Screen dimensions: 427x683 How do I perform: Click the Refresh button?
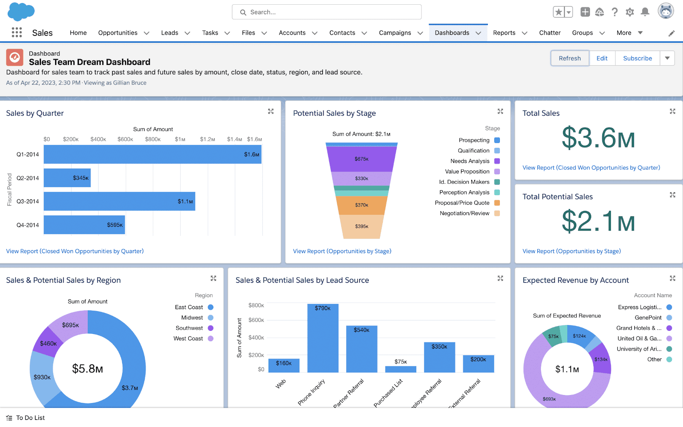coord(569,58)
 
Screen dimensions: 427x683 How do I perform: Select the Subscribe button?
coord(637,58)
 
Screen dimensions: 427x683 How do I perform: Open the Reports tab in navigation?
coord(504,33)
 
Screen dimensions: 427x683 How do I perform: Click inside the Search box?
coord(327,12)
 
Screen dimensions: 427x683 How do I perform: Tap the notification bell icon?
coord(645,12)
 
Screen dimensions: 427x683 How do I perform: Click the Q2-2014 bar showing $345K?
coord(67,178)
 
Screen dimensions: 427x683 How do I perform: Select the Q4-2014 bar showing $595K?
coord(84,225)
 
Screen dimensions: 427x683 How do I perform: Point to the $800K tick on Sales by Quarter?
coord(152,139)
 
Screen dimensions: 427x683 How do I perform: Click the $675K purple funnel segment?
coord(361,158)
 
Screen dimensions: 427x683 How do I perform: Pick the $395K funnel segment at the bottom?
coord(361,226)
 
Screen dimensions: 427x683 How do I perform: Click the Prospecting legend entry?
coord(474,140)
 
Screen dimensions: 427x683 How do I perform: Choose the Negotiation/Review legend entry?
coord(465,213)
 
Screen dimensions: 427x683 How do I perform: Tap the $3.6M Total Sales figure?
coord(598,138)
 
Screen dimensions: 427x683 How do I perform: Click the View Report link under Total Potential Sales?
coord(572,251)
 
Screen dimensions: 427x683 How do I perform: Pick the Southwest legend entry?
coord(189,328)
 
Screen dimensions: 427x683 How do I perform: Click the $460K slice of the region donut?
coord(48,343)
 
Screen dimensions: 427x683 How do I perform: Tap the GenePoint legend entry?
coord(648,317)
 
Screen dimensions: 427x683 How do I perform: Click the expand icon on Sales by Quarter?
coord(271,111)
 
